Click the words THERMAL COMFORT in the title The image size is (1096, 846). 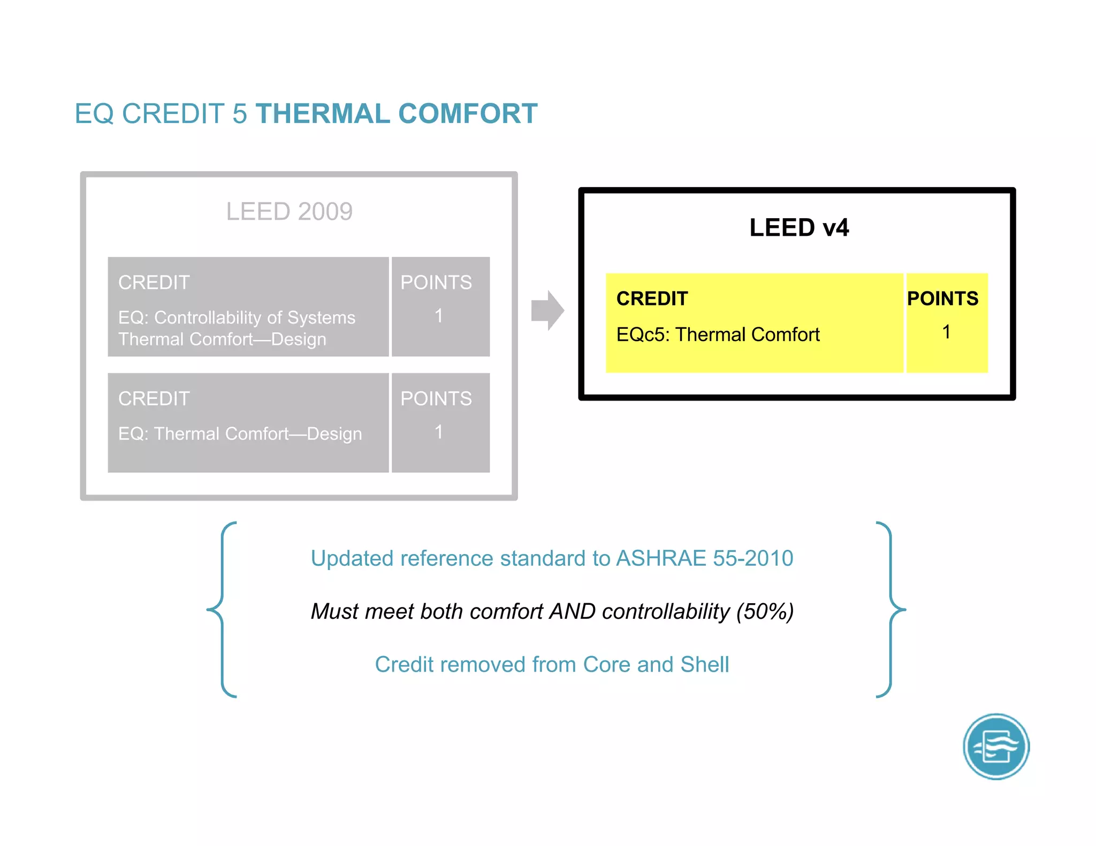[x=396, y=114]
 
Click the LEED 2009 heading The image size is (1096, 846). [x=289, y=212]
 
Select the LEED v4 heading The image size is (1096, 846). [x=798, y=228]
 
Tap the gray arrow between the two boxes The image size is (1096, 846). [x=547, y=310]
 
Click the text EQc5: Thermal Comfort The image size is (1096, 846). [x=718, y=335]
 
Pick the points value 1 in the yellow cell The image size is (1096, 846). [x=946, y=332]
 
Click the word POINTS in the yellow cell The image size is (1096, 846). [x=942, y=298]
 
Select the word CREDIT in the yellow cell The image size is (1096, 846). [x=652, y=298]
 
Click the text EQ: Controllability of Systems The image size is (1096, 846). [x=237, y=318]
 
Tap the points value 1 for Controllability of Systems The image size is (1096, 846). [x=439, y=316]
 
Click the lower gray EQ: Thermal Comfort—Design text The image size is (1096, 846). [x=240, y=434]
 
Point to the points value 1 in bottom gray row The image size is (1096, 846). [x=439, y=432]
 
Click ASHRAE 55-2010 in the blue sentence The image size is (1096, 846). [x=704, y=558]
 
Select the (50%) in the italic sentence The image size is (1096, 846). [x=765, y=611]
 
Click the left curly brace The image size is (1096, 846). [x=222, y=610]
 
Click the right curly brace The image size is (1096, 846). [x=890, y=610]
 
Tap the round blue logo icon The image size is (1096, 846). [x=996, y=747]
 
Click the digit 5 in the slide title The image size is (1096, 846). [x=240, y=114]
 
